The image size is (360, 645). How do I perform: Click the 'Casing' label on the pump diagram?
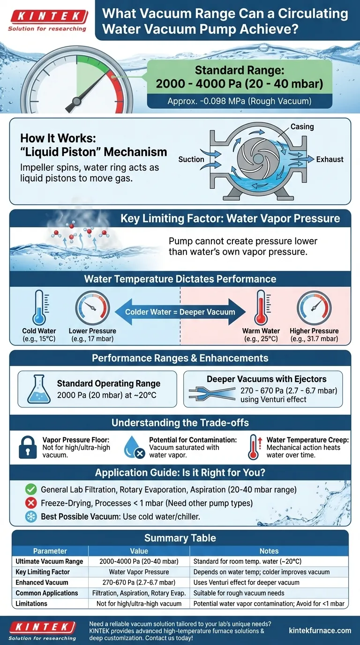302,127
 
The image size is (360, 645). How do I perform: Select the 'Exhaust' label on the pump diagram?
330,159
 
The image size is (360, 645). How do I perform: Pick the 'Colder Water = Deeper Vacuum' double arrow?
180,312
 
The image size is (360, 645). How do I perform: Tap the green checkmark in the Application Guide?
30,489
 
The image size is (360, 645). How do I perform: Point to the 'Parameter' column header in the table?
50,551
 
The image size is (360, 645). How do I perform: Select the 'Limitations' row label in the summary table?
31,604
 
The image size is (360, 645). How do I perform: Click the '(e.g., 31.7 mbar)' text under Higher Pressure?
314,339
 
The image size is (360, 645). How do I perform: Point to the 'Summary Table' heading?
180,538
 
